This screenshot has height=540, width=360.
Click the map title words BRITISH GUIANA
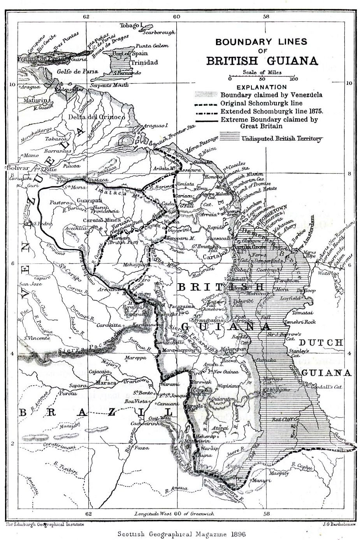click(x=262, y=61)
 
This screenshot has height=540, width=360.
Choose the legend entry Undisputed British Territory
click(x=281, y=138)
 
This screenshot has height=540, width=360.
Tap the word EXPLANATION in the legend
click(x=261, y=87)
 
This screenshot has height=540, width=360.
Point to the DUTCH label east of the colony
click(x=321, y=343)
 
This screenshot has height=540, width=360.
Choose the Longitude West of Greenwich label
click(x=174, y=513)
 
